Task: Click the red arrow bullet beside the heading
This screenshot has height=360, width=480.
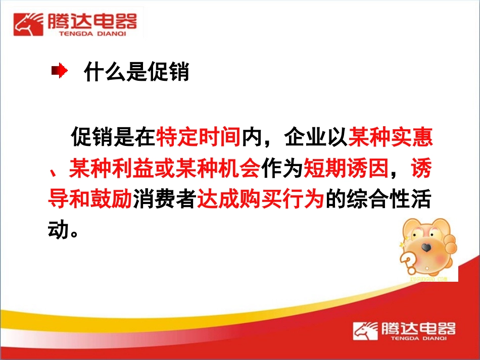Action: pos(59,72)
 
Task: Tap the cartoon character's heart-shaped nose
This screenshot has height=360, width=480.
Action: pos(427,247)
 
